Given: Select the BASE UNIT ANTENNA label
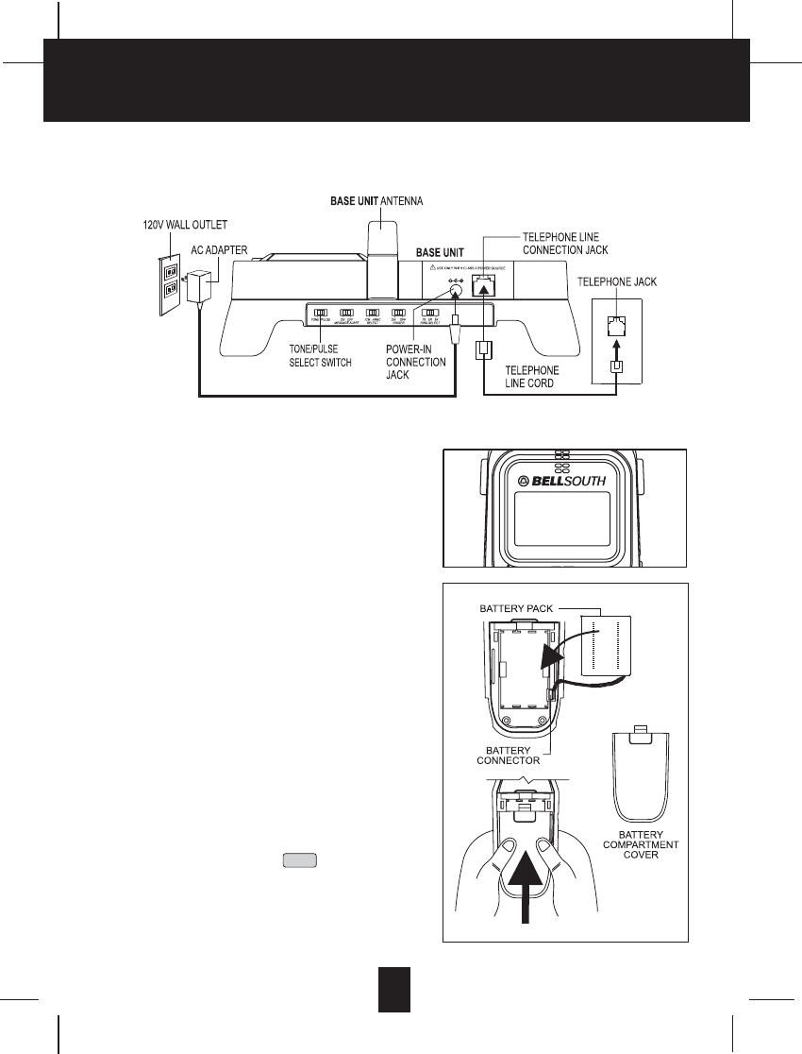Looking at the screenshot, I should click(x=376, y=201).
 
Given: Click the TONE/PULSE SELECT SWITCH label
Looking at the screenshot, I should click(x=321, y=356).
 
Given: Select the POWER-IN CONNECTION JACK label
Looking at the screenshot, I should click(x=416, y=361).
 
